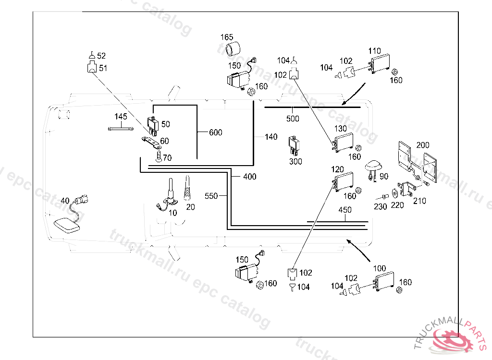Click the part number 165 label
[227, 37]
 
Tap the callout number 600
[216, 132]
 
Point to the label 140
[271, 137]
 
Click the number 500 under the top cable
[293, 119]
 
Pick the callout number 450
[345, 210]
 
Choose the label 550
[211, 196]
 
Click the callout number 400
[250, 177]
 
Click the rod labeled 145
[121, 128]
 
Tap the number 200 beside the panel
[423, 145]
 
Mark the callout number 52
[101, 56]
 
